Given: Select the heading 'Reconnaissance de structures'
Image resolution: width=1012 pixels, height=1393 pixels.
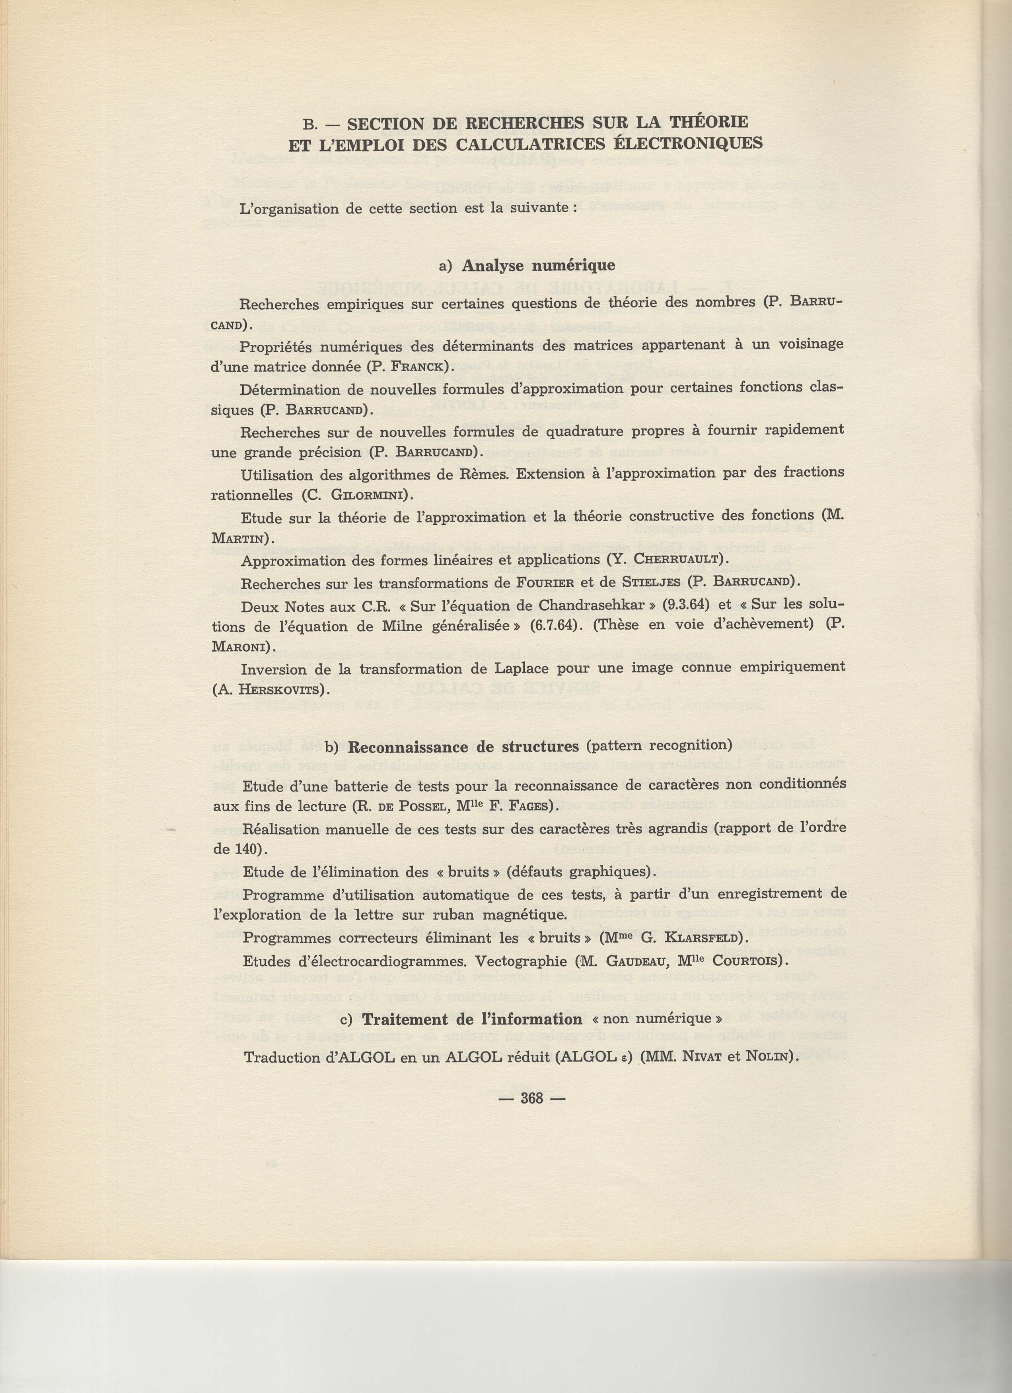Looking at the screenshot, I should pyautogui.click(x=463, y=747).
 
